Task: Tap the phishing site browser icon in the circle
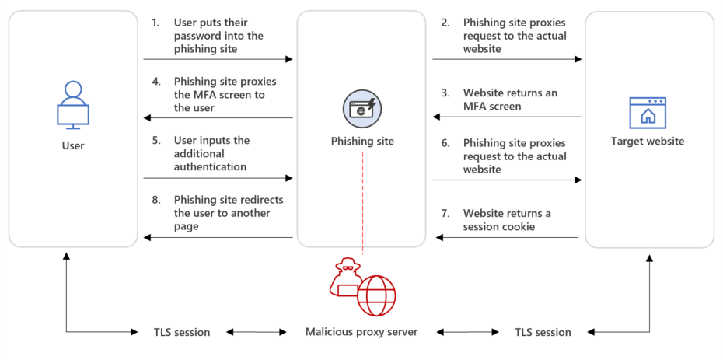click(x=362, y=108)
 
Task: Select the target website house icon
click(x=648, y=113)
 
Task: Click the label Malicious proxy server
click(x=361, y=332)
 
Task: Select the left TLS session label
click(x=181, y=332)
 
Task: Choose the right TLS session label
click(x=543, y=332)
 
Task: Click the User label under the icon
click(x=73, y=145)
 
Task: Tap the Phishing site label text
click(x=362, y=142)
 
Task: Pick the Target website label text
click(x=648, y=142)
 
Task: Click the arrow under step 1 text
click(x=218, y=58)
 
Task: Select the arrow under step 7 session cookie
click(x=505, y=237)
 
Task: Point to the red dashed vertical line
click(x=362, y=202)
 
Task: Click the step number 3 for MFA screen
click(x=445, y=93)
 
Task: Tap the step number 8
click(x=156, y=200)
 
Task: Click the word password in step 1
click(x=198, y=36)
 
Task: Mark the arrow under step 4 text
click(x=218, y=118)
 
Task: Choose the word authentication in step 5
click(x=210, y=166)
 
